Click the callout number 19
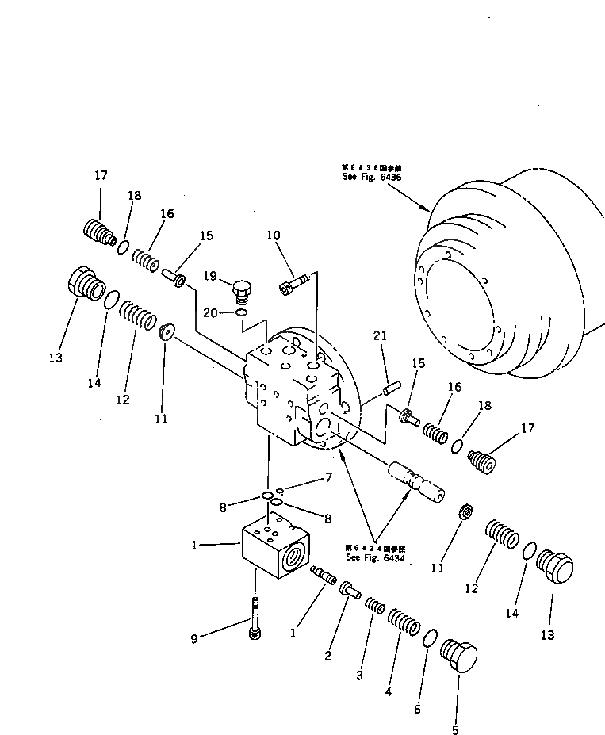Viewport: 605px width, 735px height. coord(209,277)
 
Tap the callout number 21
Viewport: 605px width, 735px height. coord(380,338)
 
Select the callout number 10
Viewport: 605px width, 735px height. coord(273,235)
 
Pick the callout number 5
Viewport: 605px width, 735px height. coord(455,729)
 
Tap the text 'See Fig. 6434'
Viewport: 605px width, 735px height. coord(375,557)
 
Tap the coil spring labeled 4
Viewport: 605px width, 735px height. coord(403,625)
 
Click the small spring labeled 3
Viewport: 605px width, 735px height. coord(375,607)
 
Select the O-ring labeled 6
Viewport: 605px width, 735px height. coord(429,637)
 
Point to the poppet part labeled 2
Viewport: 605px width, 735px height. coord(350,590)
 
